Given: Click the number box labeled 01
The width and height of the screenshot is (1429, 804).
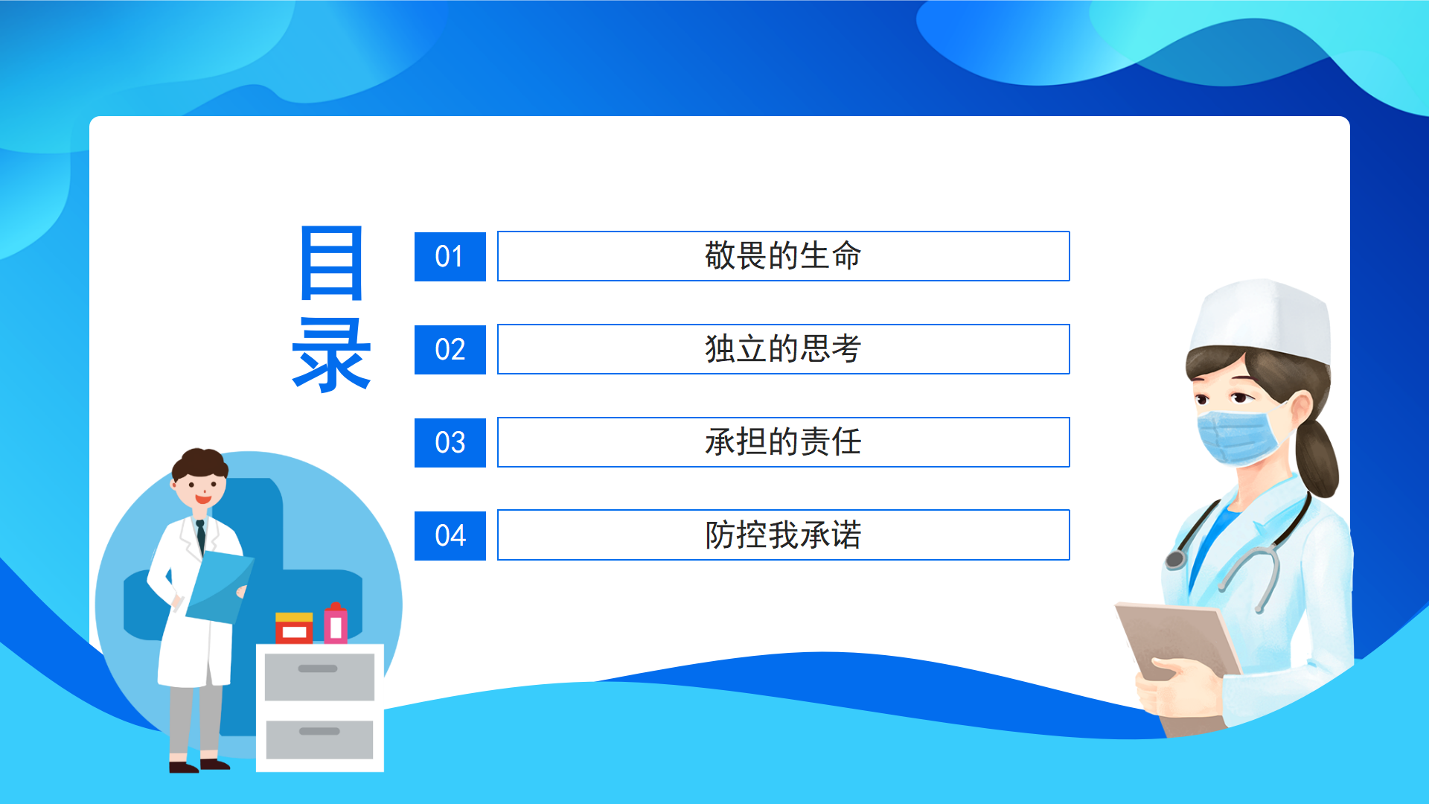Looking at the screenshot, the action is click(450, 257).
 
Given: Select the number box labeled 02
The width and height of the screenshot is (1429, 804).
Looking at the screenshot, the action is click(450, 350).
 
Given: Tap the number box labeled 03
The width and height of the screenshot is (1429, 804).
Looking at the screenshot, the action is click(450, 443).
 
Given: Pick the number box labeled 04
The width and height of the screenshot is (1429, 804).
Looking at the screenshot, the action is click(450, 536).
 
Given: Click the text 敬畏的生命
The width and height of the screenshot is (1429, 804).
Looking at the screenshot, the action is click(783, 256).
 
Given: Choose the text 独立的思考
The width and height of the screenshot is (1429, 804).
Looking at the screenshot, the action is click(783, 349).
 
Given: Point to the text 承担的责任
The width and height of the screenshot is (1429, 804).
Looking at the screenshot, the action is click(783, 442).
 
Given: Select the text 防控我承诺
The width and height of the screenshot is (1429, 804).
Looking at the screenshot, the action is click(783, 535).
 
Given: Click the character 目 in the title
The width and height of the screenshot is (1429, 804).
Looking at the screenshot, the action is click(331, 263).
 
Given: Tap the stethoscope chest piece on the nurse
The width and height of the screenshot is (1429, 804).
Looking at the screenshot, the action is click(1175, 559).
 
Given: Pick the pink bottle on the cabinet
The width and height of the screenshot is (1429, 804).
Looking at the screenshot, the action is click(336, 624).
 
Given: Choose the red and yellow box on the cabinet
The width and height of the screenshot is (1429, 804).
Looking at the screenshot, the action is click(294, 628).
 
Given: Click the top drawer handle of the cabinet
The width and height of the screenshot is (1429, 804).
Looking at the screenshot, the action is click(318, 669).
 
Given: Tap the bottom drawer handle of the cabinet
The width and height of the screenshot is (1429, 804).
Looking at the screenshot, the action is click(319, 731).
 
